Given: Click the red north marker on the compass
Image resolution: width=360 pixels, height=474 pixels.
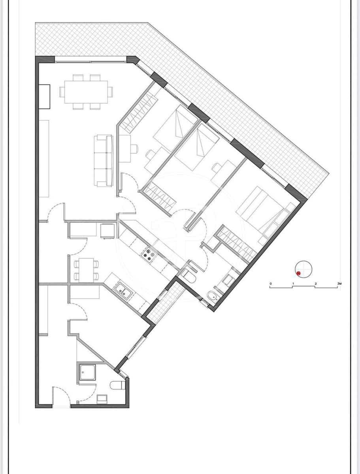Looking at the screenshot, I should tap(299, 273).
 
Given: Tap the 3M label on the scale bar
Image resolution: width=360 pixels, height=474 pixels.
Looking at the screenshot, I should tap(339, 284).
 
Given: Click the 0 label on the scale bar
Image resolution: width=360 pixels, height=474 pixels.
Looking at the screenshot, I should tap(270, 284).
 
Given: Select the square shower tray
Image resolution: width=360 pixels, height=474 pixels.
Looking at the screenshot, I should tap(87, 372).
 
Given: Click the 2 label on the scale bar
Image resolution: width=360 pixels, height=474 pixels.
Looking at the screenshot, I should tap(315, 284).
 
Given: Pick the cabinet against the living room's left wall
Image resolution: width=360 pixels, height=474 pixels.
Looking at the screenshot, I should tap(44, 96).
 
